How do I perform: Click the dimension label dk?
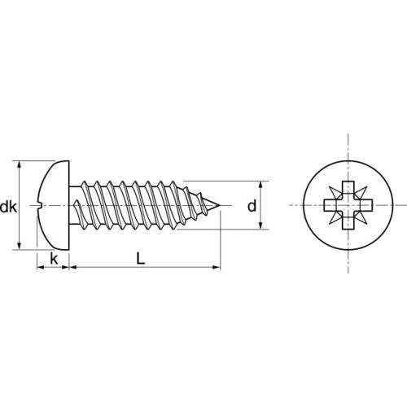point(8,207)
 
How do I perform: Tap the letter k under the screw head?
point(53,259)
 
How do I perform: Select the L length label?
point(141,259)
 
